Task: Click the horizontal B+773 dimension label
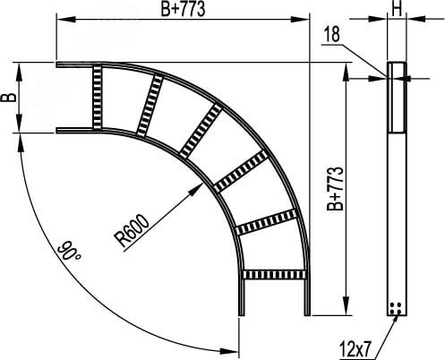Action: [x=183, y=9]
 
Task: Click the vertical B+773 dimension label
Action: [x=335, y=189]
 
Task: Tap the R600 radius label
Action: [x=132, y=230]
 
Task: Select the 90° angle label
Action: [x=69, y=251]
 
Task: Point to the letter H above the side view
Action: [x=397, y=10]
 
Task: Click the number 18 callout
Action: [x=331, y=34]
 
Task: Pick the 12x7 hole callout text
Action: [x=355, y=349]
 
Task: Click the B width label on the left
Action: [x=9, y=98]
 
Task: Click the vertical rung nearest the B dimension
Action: [x=97, y=98]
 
